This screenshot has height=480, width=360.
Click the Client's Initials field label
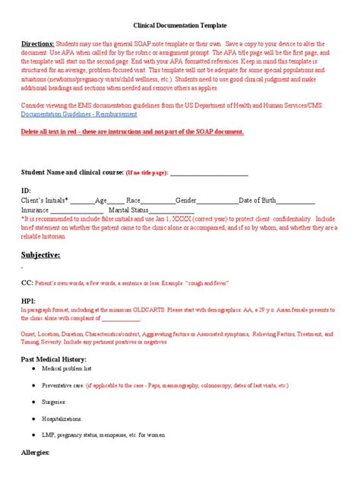(45, 200)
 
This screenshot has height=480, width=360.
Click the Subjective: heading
(41, 254)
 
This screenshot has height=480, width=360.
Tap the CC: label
(26, 283)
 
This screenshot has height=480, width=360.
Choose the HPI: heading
(28, 302)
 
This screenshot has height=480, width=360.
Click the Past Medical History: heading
(54, 358)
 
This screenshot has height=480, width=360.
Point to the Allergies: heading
(36, 453)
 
